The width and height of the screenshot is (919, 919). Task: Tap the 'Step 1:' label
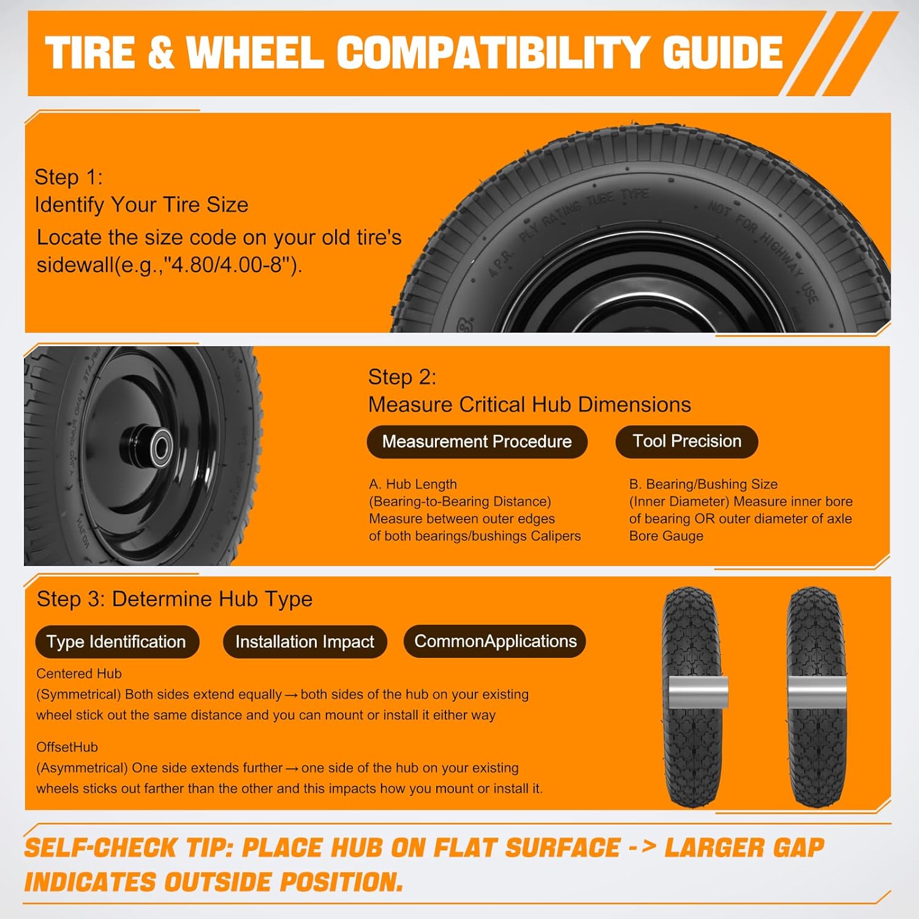coord(69,177)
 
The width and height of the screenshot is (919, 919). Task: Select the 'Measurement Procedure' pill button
coord(477,442)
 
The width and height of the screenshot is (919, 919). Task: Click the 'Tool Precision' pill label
coord(686,441)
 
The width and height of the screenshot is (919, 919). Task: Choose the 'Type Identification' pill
coord(116,641)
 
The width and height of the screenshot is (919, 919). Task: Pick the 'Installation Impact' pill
coord(304,641)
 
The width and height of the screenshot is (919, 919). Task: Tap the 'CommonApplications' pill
coord(495,641)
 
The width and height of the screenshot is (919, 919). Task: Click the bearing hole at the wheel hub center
coord(161,447)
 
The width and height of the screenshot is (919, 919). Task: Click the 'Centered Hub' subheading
coord(79,673)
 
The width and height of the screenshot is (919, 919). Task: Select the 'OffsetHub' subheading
coord(67,747)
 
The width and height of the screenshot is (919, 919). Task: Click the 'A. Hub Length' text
coord(413,484)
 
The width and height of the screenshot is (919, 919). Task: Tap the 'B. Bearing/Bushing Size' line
coord(703,484)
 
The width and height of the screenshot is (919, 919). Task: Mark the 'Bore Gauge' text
coord(666,535)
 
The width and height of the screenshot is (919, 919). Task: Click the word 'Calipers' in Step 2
coord(556,535)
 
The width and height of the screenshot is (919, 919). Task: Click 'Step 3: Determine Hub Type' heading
coord(175,599)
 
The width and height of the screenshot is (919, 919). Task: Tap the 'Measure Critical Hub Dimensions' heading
coord(529,404)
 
